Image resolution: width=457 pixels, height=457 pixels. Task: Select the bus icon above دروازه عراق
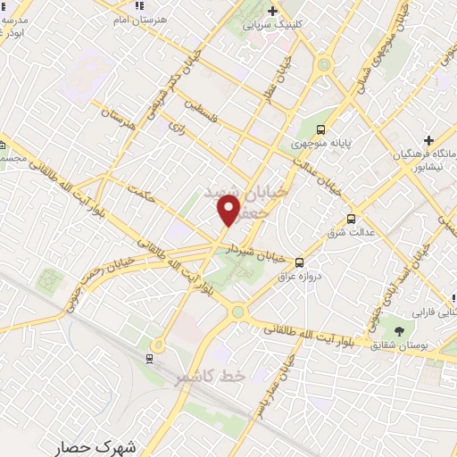pos(299,262)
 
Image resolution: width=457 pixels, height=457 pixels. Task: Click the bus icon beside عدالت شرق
pos(350,219)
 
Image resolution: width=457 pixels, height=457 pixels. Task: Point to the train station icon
pos(149,359)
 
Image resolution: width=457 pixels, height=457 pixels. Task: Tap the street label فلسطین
pos(205,116)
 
